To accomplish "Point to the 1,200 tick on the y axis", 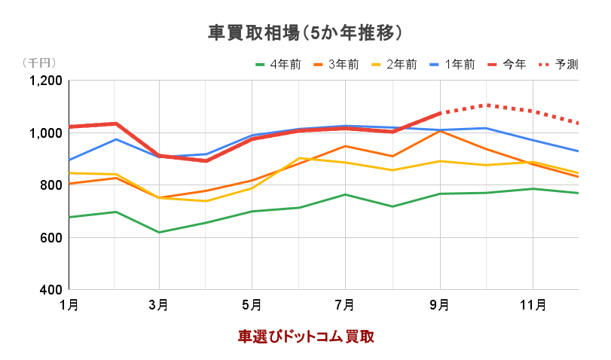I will pos(47,81).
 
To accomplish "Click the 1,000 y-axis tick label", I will pos(47,133).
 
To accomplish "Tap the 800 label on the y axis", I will pos(53,185).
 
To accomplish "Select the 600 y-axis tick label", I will pos(53,238).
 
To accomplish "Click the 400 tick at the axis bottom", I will pos(53,290).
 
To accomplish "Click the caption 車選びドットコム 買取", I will pos(306,336).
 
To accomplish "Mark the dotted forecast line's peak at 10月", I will pos(487,105).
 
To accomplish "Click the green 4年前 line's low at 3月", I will pos(159,232).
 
